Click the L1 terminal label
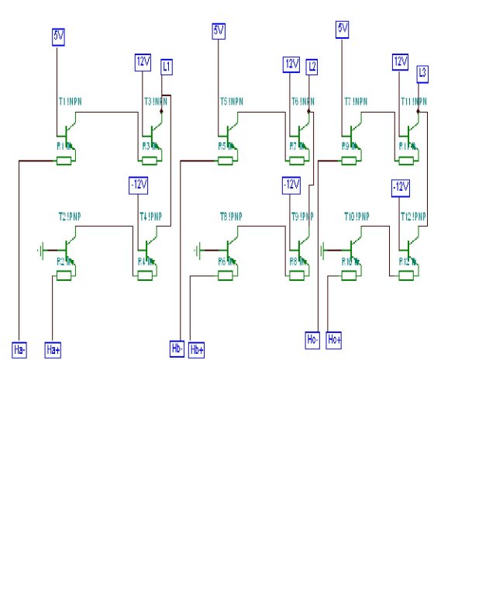click(x=167, y=67)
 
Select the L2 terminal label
click(x=312, y=67)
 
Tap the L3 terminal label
click(x=422, y=74)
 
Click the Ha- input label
click(x=20, y=350)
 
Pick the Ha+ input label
click(x=53, y=350)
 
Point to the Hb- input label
click(x=177, y=350)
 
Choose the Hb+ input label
click(x=197, y=350)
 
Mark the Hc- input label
click(x=312, y=339)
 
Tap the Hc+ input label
click(x=334, y=339)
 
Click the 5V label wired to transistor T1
click(x=59, y=36)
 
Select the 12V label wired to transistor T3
click(x=143, y=61)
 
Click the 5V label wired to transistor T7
click(x=343, y=29)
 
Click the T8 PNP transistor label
click(x=231, y=217)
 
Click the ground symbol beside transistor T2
click(x=40, y=250)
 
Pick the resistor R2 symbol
click(x=63, y=274)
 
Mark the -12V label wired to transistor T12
click(x=400, y=187)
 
